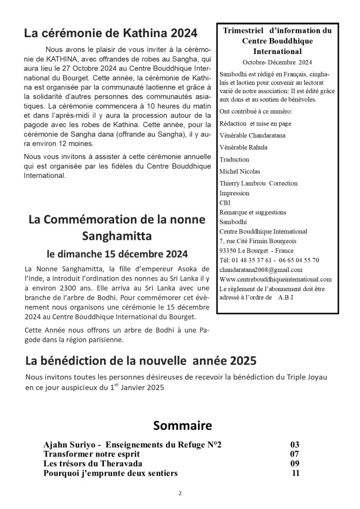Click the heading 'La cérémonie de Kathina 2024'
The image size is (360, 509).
(x=111, y=33)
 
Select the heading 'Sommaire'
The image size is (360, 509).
(x=183, y=426)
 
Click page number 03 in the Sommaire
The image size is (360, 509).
(x=294, y=445)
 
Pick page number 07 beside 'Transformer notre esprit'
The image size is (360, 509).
(x=294, y=455)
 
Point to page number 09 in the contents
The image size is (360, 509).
(x=294, y=464)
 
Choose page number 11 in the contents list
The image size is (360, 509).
(x=295, y=473)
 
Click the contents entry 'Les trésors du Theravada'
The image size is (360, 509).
(x=93, y=464)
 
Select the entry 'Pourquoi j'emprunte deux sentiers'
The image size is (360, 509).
(x=111, y=473)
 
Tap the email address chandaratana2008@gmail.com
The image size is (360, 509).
(x=261, y=269)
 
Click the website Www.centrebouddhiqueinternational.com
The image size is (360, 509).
(x=275, y=279)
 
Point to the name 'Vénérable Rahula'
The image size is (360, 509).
(x=243, y=147)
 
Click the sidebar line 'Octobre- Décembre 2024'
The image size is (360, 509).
(x=277, y=62)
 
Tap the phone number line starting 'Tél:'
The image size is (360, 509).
(x=269, y=260)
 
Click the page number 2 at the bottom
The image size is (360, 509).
(x=180, y=493)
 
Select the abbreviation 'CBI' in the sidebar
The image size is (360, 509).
(x=225, y=203)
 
